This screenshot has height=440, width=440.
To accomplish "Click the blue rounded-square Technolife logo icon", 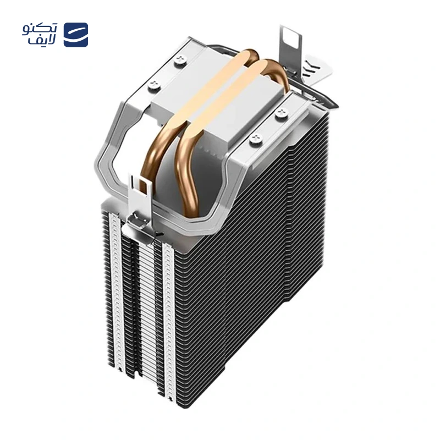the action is click(x=76, y=35).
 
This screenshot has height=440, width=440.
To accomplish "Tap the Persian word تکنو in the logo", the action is click(x=40, y=29).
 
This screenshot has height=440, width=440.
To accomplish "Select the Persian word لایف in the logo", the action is click(x=42, y=41).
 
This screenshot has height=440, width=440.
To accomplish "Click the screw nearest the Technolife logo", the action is click(x=179, y=61).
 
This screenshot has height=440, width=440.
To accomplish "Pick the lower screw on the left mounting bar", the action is click(x=154, y=84).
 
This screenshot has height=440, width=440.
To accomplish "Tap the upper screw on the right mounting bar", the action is click(x=282, y=113).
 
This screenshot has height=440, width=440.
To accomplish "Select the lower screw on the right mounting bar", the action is click(x=256, y=139).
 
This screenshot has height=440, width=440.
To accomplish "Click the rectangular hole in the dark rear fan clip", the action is click(x=290, y=36).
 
